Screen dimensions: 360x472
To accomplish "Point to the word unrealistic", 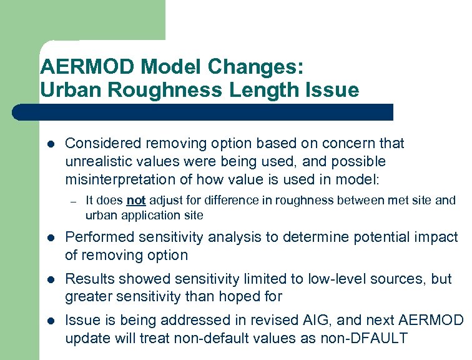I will tap(98, 161).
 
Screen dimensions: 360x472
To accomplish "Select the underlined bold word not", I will tap(135, 201).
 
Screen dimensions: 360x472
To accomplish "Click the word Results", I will tap(89, 279).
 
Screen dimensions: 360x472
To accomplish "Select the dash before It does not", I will tap(72, 201).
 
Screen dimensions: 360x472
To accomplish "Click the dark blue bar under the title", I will tap(206, 112).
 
